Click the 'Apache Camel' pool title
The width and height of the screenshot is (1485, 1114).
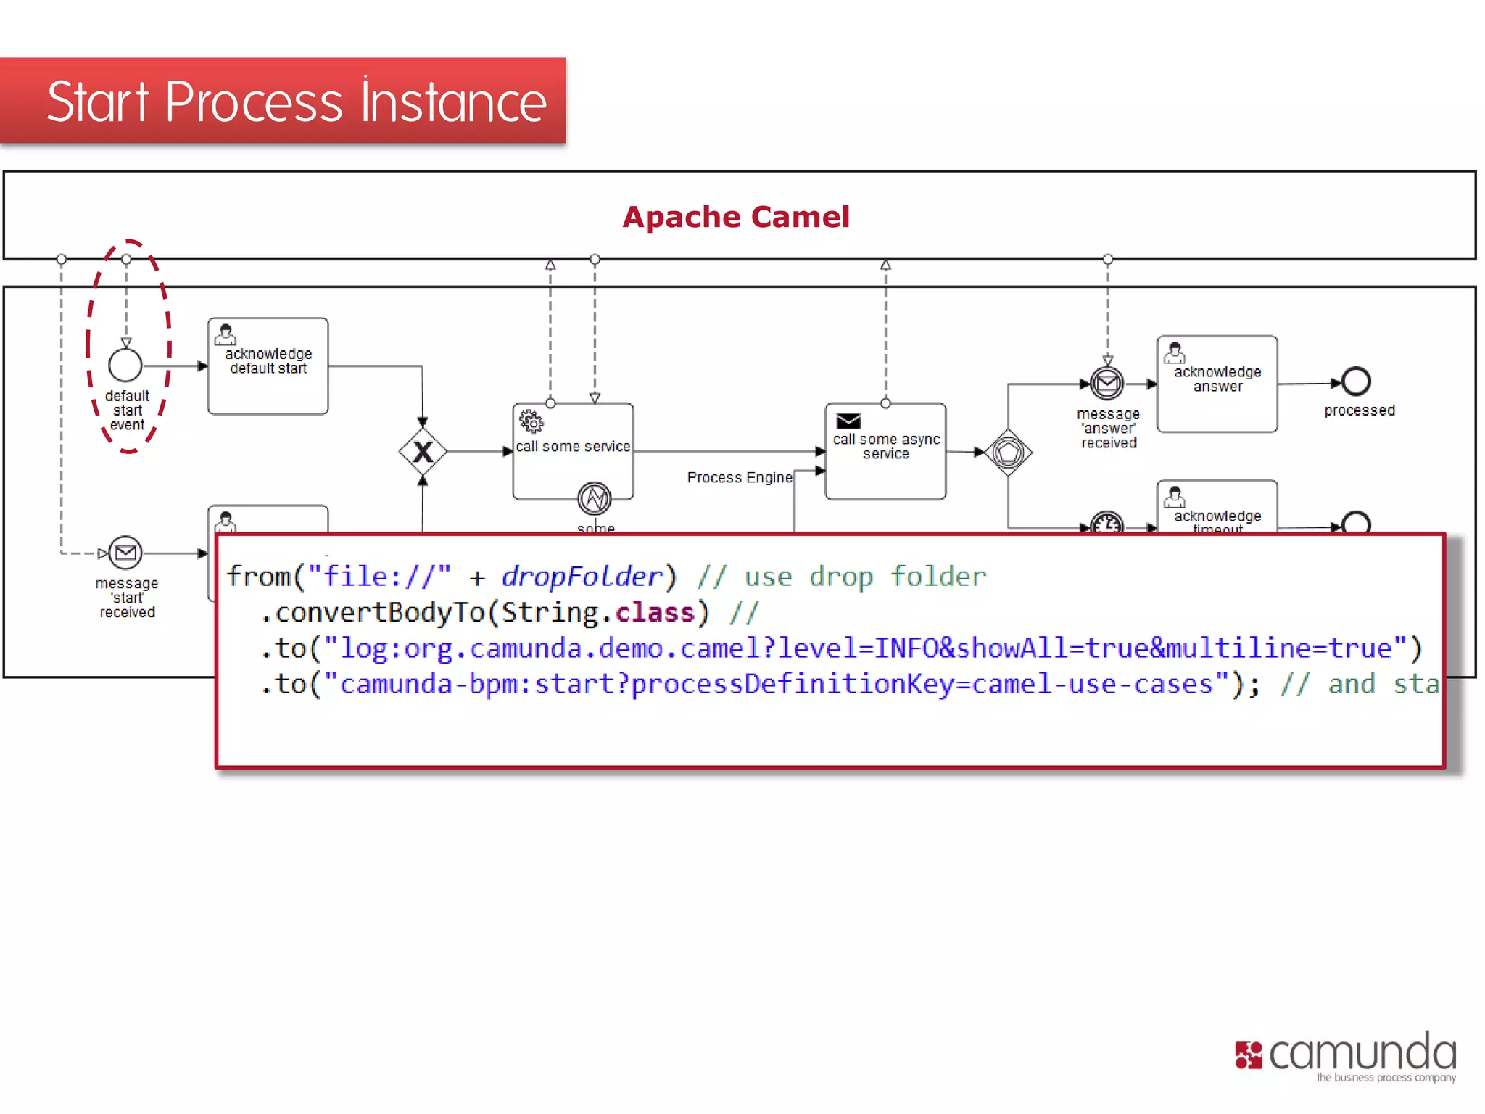(x=735, y=217)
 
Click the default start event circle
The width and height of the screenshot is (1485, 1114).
(x=125, y=365)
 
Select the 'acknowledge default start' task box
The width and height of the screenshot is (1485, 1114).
(x=268, y=366)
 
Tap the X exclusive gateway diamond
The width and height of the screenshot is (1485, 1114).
(x=423, y=452)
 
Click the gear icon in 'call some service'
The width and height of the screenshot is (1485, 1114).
(x=531, y=421)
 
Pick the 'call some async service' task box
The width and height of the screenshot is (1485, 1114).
(x=885, y=452)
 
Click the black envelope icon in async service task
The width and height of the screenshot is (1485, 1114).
(x=848, y=421)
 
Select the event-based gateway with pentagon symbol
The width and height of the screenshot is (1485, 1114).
(x=1008, y=453)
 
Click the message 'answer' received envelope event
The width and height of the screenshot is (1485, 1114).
(x=1107, y=383)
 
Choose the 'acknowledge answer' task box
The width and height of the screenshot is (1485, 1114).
(x=1217, y=384)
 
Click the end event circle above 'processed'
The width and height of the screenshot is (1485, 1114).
(x=1355, y=381)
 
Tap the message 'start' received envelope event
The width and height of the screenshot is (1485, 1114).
(x=125, y=553)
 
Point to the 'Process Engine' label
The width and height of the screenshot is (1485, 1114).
(x=740, y=477)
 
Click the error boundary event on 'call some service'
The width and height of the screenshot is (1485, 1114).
(x=594, y=498)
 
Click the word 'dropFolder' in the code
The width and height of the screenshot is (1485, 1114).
(x=582, y=577)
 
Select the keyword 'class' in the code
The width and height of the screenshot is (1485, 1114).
(x=655, y=613)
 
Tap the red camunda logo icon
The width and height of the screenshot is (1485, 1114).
(x=1249, y=1055)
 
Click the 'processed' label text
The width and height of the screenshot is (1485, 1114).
(x=1359, y=410)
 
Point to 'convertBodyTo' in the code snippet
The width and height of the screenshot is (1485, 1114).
(x=379, y=613)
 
